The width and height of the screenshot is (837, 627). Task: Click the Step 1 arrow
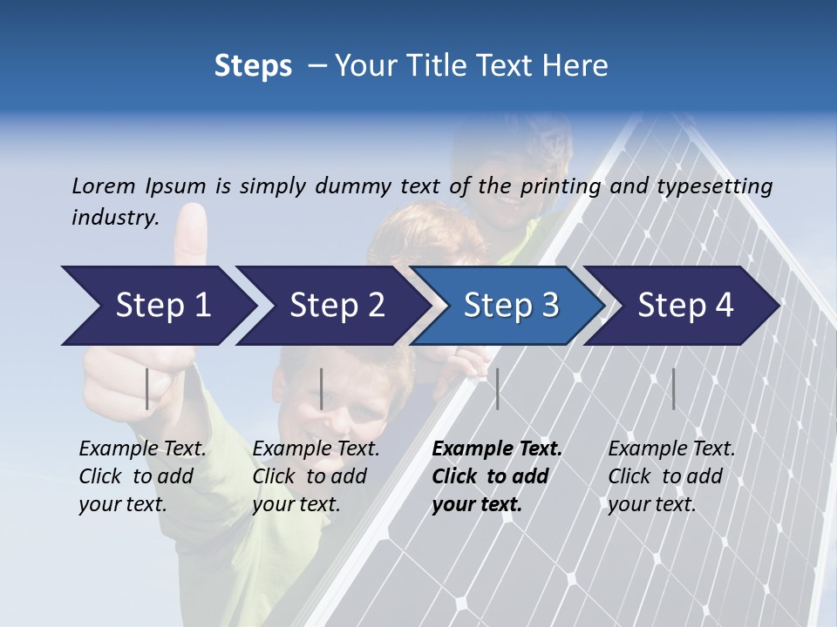(x=157, y=306)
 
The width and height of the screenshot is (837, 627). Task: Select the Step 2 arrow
(x=331, y=306)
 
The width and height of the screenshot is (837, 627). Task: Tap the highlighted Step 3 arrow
(x=506, y=306)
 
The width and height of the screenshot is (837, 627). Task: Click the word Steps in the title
(x=253, y=66)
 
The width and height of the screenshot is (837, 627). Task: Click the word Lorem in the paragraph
(x=104, y=185)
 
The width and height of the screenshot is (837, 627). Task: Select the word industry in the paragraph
(x=114, y=218)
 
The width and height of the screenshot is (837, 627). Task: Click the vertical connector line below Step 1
(x=147, y=388)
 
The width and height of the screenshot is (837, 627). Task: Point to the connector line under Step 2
(x=322, y=388)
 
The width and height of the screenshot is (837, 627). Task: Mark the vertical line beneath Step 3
(x=497, y=388)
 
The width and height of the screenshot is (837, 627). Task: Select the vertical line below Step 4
(x=673, y=388)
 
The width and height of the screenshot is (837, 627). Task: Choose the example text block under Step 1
(x=142, y=476)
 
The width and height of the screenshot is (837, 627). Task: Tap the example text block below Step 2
(x=316, y=476)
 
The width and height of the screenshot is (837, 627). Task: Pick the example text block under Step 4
(x=671, y=476)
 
